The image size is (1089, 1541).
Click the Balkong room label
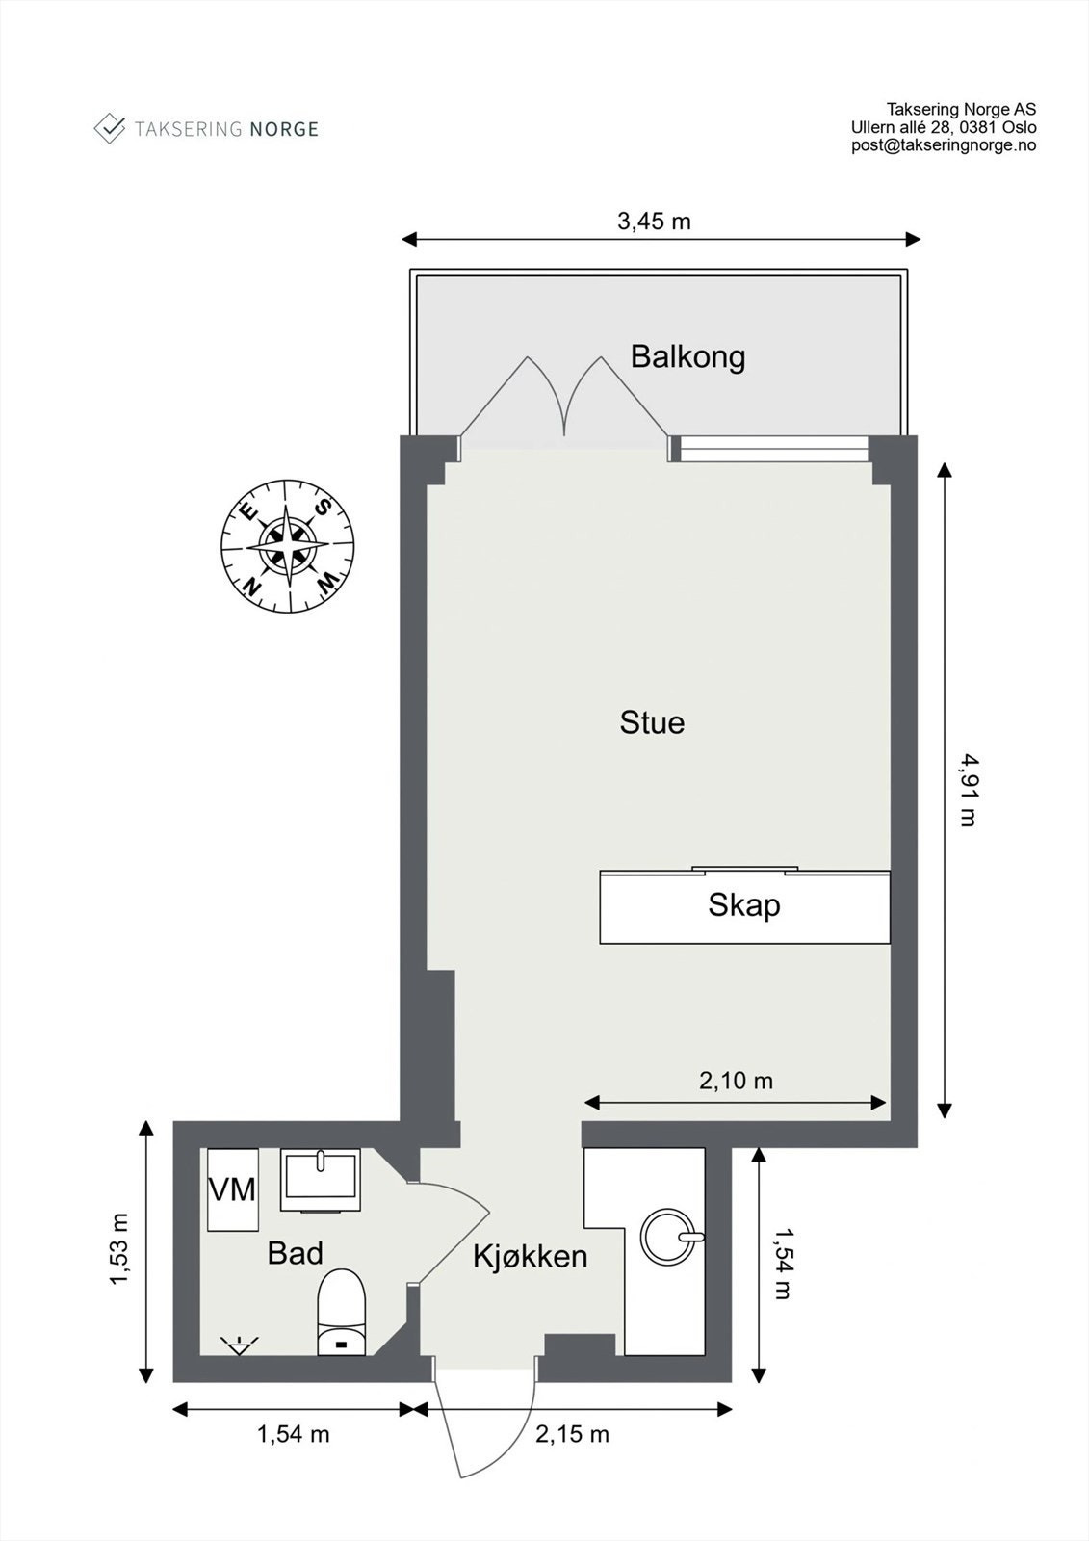(x=687, y=357)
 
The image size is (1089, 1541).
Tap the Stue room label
(x=652, y=722)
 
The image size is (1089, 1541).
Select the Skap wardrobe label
(x=743, y=905)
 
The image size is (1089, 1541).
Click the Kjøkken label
(x=530, y=1256)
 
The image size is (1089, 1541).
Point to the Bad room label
(x=295, y=1253)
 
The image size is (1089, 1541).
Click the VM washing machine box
(x=233, y=1189)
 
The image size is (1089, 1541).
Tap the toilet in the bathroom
(x=342, y=1313)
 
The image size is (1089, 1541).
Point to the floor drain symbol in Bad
(x=238, y=1345)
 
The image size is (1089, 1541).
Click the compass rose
(x=288, y=546)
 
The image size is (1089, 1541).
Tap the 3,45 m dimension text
(x=654, y=222)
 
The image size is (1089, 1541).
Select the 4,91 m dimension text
(x=967, y=790)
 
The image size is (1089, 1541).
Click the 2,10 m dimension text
(x=736, y=1081)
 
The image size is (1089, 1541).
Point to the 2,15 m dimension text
(x=572, y=1434)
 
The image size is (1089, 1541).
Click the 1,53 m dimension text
(x=119, y=1249)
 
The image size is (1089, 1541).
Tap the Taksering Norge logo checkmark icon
(x=110, y=128)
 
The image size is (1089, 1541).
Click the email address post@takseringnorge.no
(x=943, y=145)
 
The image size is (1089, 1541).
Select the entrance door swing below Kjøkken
(x=481, y=1425)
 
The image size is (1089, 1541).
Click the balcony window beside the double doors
(x=769, y=448)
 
